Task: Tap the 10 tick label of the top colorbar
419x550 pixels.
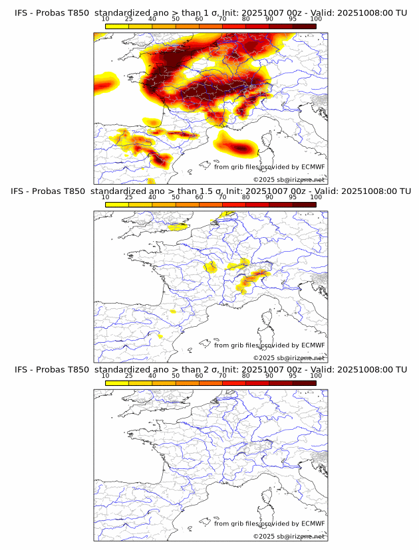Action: tap(106, 20)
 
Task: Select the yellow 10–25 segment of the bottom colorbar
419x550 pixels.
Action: tap(117, 383)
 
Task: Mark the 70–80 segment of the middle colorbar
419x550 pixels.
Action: tap(234, 204)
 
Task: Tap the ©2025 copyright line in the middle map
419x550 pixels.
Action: tap(289, 357)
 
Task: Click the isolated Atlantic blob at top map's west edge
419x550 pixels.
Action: tap(105, 83)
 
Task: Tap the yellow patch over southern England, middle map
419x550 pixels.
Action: tap(177, 227)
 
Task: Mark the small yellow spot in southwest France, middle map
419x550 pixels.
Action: tap(172, 310)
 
